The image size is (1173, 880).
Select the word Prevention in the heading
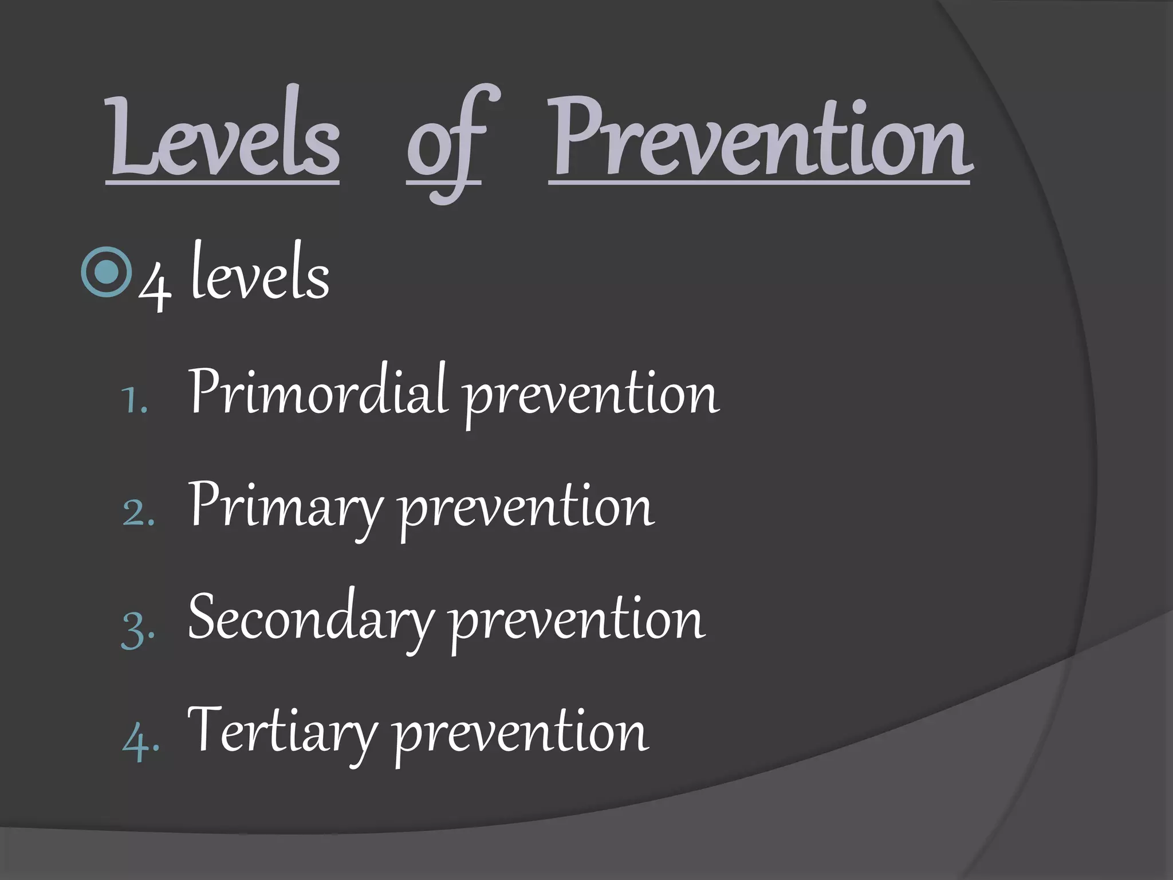759,137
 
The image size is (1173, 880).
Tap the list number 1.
135,401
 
